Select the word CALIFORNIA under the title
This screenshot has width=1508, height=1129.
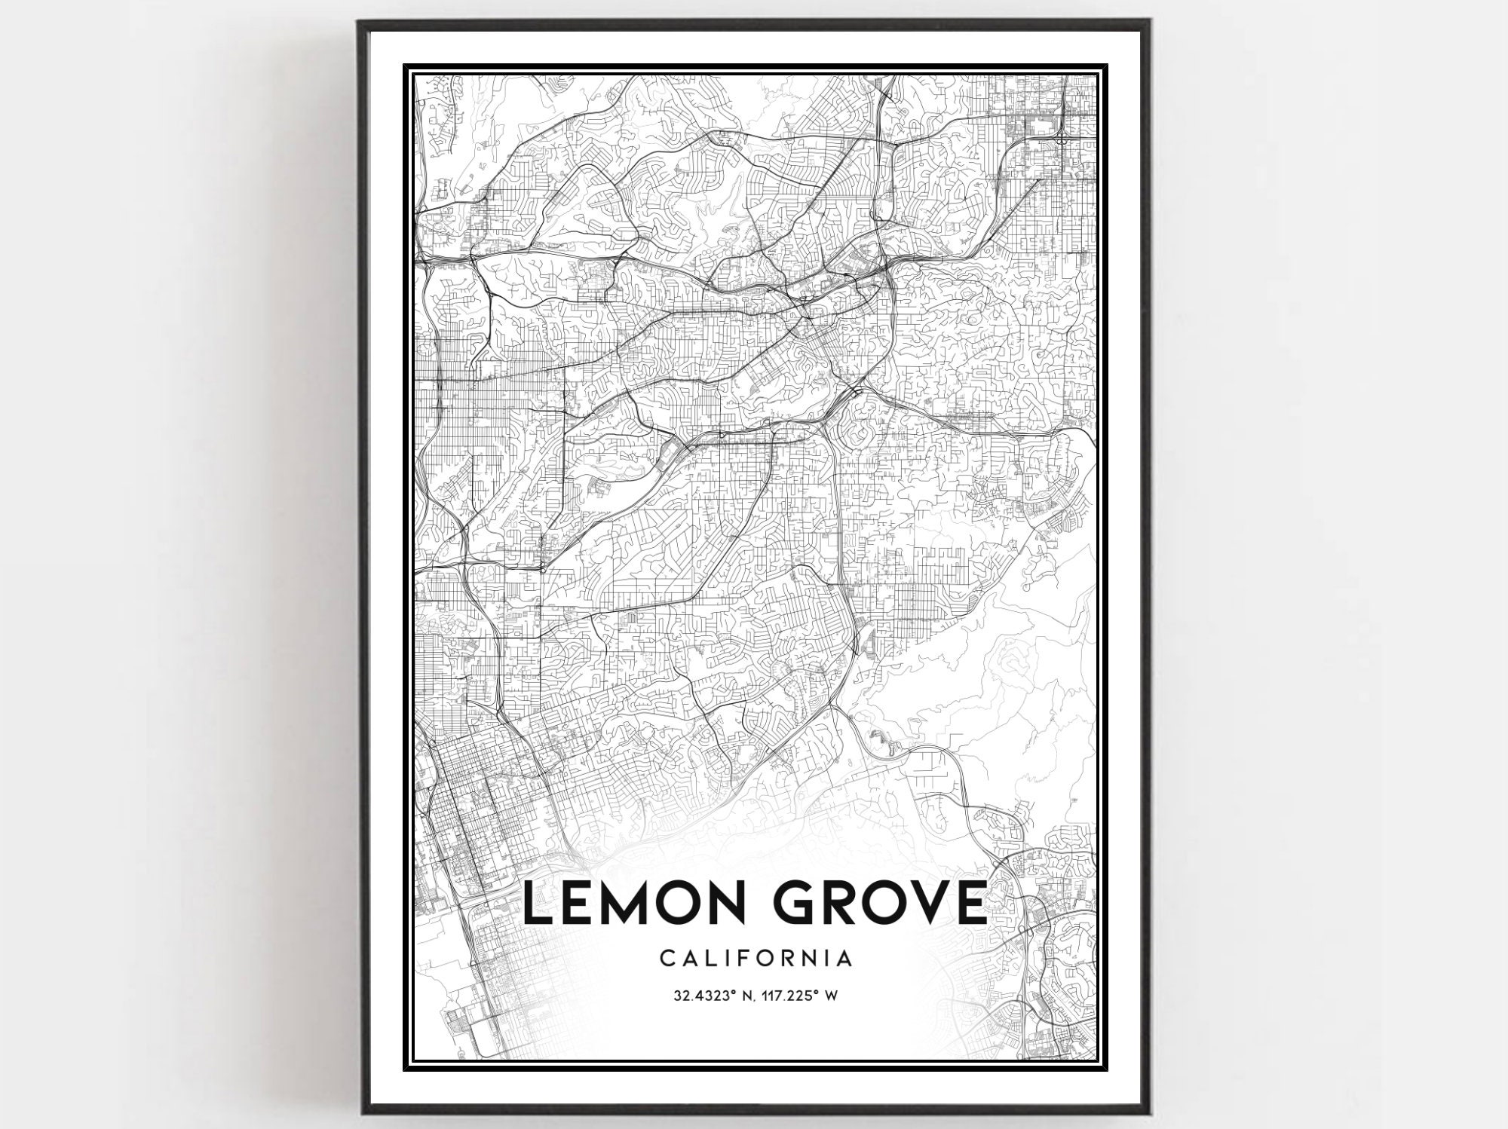tap(756, 959)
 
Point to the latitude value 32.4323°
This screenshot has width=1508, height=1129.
tap(705, 996)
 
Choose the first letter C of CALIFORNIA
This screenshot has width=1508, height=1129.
tap(667, 959)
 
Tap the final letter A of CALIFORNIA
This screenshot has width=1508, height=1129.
tap(845, 959)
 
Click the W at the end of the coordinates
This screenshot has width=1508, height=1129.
tap(832, 996)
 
